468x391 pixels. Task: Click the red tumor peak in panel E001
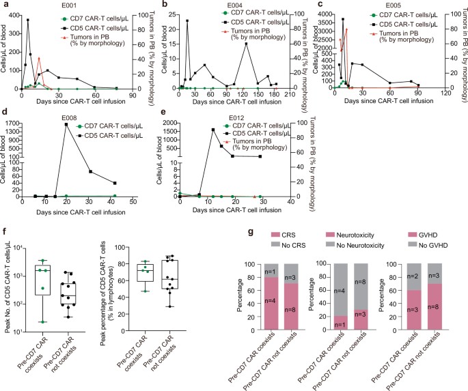40,59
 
